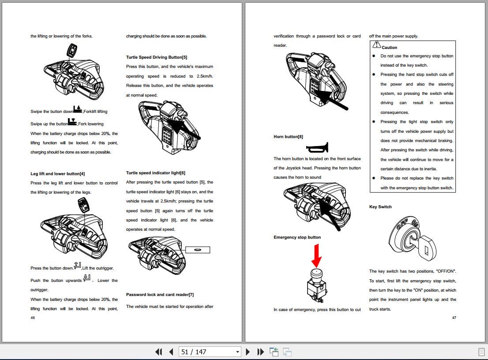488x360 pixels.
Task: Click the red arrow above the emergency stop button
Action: [317, 255]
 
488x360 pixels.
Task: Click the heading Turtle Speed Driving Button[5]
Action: [157, 57]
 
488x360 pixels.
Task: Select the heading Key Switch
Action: [380, 207]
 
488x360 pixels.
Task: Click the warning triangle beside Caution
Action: [376, 45]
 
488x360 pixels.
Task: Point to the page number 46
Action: [33, 318]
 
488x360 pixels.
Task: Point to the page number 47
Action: [454, 318]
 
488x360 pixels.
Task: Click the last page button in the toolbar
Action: [261, 352]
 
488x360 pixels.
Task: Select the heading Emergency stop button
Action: [297, 237]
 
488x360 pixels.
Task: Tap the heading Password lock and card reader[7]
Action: [160, 295]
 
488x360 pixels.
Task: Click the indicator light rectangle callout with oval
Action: [198, 250]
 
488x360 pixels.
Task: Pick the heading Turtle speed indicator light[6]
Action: [155, 173]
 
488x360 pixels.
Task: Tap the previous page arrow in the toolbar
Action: [171, 352]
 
